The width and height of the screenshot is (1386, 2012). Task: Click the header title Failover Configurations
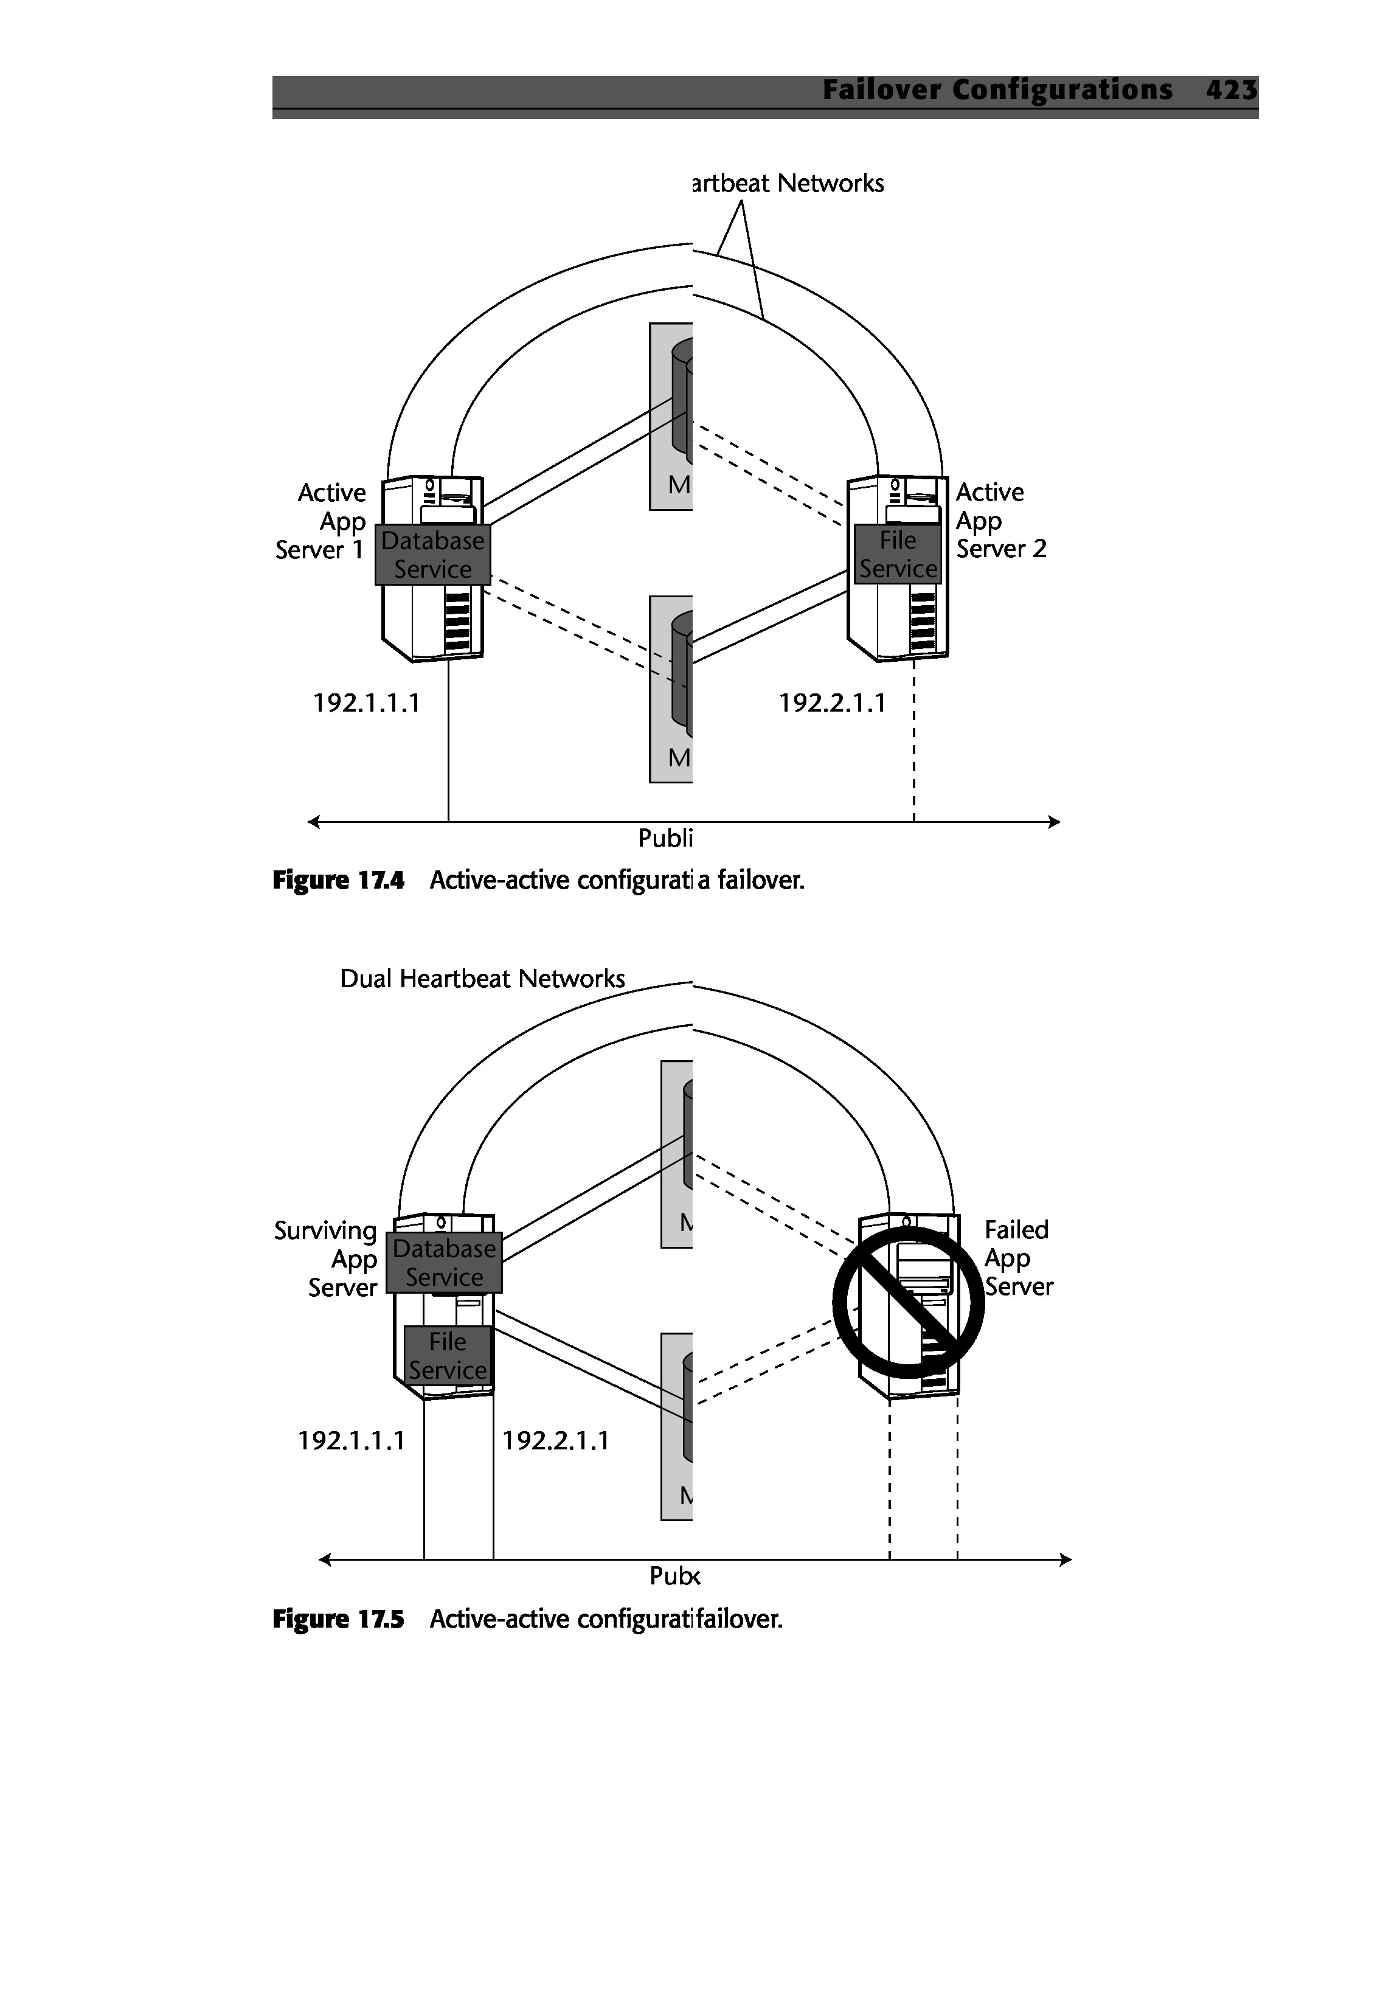point(997,90)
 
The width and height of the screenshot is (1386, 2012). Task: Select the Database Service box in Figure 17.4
point(432,555)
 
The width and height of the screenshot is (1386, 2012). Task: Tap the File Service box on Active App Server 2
point(898,555)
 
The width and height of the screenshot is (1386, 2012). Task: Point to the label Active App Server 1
point(321,521)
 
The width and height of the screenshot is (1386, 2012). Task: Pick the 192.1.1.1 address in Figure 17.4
point(367,702)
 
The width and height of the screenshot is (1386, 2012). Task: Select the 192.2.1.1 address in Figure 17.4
point(832,702)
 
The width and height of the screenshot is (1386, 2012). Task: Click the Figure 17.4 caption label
point(339,881)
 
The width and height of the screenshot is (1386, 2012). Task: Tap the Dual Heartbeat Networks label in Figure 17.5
point(482,979)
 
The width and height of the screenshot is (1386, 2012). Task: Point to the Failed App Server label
point(1018,1258)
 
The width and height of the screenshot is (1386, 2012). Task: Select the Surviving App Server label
point(327,1259)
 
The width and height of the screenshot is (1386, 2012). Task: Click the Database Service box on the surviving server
point(444,1263)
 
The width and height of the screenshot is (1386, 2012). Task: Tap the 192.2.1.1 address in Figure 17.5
point(556,1441)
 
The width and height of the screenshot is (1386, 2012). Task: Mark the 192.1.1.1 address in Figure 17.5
point(352,1441)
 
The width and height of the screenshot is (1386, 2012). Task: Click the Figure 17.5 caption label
point(339,1620)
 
